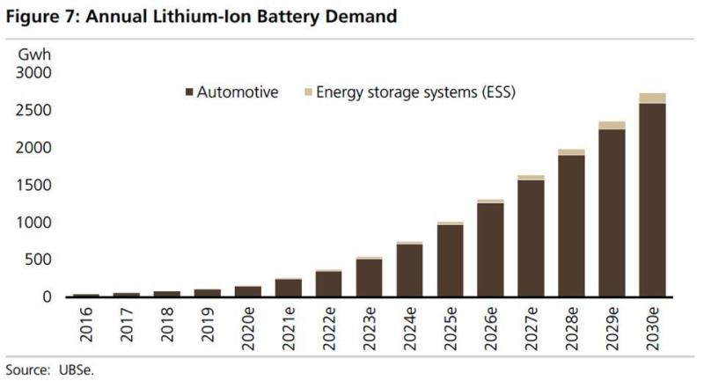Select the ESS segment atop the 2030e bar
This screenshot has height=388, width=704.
[651, 99]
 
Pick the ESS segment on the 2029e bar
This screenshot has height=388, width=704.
[612, 125]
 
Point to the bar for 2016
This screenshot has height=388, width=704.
[85, 296]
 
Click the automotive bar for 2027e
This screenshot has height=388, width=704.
[531, 238]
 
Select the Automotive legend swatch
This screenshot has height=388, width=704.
[189, 92]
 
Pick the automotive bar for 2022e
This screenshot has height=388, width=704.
[328, 284]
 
